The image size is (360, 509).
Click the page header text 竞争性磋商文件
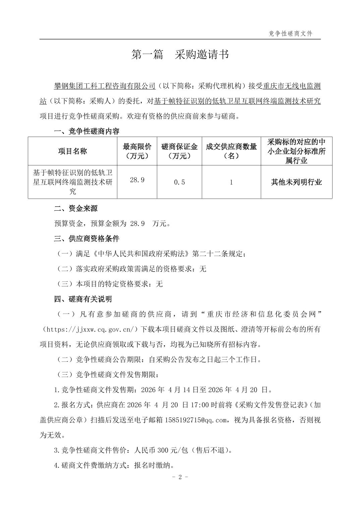291,33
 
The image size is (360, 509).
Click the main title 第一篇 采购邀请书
180,55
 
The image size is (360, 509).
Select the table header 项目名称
72,151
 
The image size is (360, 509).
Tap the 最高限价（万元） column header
137,151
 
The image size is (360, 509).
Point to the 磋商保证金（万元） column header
179,151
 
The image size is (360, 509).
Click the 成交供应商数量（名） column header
231,151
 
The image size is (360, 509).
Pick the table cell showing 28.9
137,180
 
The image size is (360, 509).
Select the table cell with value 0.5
179,182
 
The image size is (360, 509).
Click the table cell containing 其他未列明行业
296,182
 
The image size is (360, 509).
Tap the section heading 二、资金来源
76,209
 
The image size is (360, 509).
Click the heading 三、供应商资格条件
86,239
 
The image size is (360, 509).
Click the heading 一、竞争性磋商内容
86,131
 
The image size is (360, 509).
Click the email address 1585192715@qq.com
196,420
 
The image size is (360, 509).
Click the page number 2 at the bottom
180,477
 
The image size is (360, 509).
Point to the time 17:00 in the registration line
200,405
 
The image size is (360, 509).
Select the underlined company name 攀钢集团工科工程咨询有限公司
105,86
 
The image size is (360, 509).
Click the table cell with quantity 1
231,182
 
